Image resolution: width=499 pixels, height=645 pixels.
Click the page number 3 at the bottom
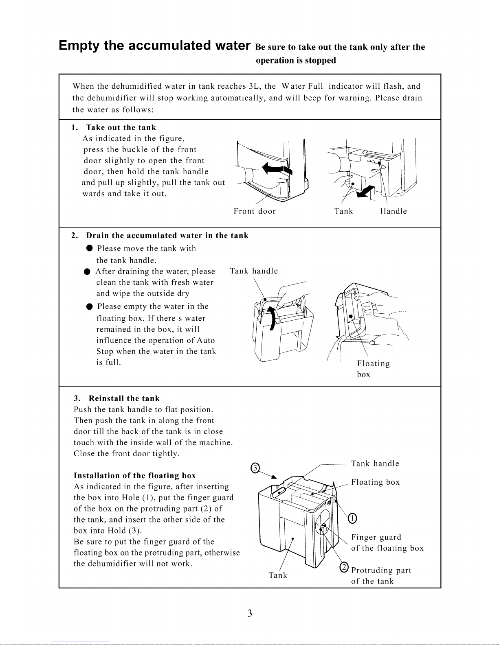click(249, 613)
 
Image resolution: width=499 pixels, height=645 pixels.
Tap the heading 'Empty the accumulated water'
click(154, 46)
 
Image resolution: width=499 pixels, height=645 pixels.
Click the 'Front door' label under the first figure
click(255, 211)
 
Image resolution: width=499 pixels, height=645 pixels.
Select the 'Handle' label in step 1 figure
click(393, 211)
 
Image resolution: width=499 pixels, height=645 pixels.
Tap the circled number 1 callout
click(353, 518)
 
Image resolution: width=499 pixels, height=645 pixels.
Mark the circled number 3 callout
click(255, 468)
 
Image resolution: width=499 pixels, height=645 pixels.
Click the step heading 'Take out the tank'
click(121, 128)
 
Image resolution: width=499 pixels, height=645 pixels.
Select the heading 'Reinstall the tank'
click(124, 399)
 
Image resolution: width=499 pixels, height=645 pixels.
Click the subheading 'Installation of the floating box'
click(135, 476)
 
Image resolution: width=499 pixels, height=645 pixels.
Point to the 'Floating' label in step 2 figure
click(373, 364)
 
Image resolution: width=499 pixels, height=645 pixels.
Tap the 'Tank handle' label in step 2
click(254, 271)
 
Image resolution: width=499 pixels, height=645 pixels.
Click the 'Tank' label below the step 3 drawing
click(278, 575)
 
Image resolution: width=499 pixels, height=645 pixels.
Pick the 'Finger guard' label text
click(376, 538)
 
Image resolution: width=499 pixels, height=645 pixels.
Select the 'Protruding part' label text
click(381, 571)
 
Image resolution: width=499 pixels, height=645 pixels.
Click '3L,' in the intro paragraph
click(255, 86)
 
